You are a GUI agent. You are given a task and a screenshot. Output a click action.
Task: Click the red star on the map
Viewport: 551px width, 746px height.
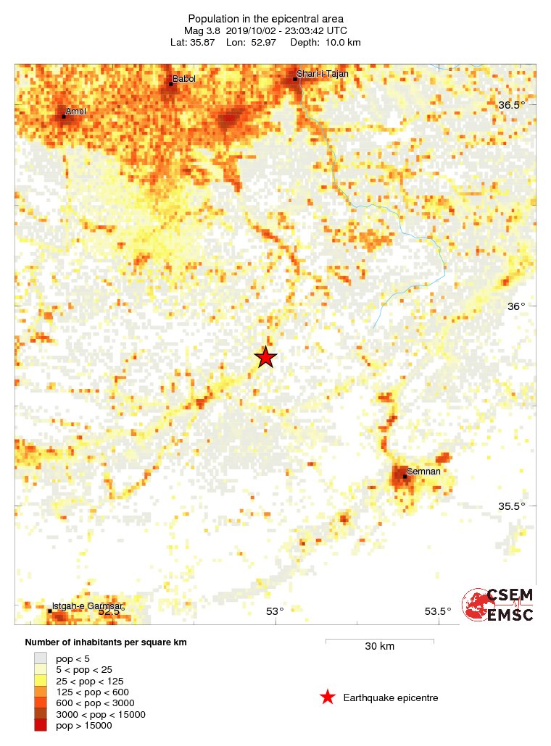(266, 357)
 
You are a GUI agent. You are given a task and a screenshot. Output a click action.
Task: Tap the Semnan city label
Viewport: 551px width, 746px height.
(421, 471)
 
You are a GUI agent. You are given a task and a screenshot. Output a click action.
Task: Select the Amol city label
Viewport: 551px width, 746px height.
(75, 112)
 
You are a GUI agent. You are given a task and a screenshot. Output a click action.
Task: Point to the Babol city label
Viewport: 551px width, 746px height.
(183, 79)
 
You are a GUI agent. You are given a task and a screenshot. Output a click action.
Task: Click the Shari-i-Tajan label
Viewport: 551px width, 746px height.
(323, 74)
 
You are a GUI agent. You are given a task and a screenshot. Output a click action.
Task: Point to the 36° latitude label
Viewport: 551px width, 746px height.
(515, 306)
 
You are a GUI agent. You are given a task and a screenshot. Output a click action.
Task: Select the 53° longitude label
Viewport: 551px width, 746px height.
(275, 611)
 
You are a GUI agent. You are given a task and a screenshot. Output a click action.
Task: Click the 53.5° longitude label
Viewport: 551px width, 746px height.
(438, 611)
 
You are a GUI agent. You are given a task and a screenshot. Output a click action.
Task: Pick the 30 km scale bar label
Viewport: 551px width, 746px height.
(379, 646)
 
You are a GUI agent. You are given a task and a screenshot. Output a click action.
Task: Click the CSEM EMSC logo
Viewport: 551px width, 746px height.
(499, 605)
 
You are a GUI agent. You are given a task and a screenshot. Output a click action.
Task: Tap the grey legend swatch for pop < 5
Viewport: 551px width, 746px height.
(41, 658)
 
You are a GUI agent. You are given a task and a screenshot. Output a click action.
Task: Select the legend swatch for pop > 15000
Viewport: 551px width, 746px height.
(41, 726)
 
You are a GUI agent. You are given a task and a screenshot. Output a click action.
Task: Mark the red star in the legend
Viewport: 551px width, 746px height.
(328, 697)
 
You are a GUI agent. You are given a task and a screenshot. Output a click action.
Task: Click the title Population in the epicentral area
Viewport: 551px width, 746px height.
(265, 18)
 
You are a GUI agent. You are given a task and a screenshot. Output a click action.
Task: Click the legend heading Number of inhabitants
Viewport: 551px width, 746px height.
(101, 642)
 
